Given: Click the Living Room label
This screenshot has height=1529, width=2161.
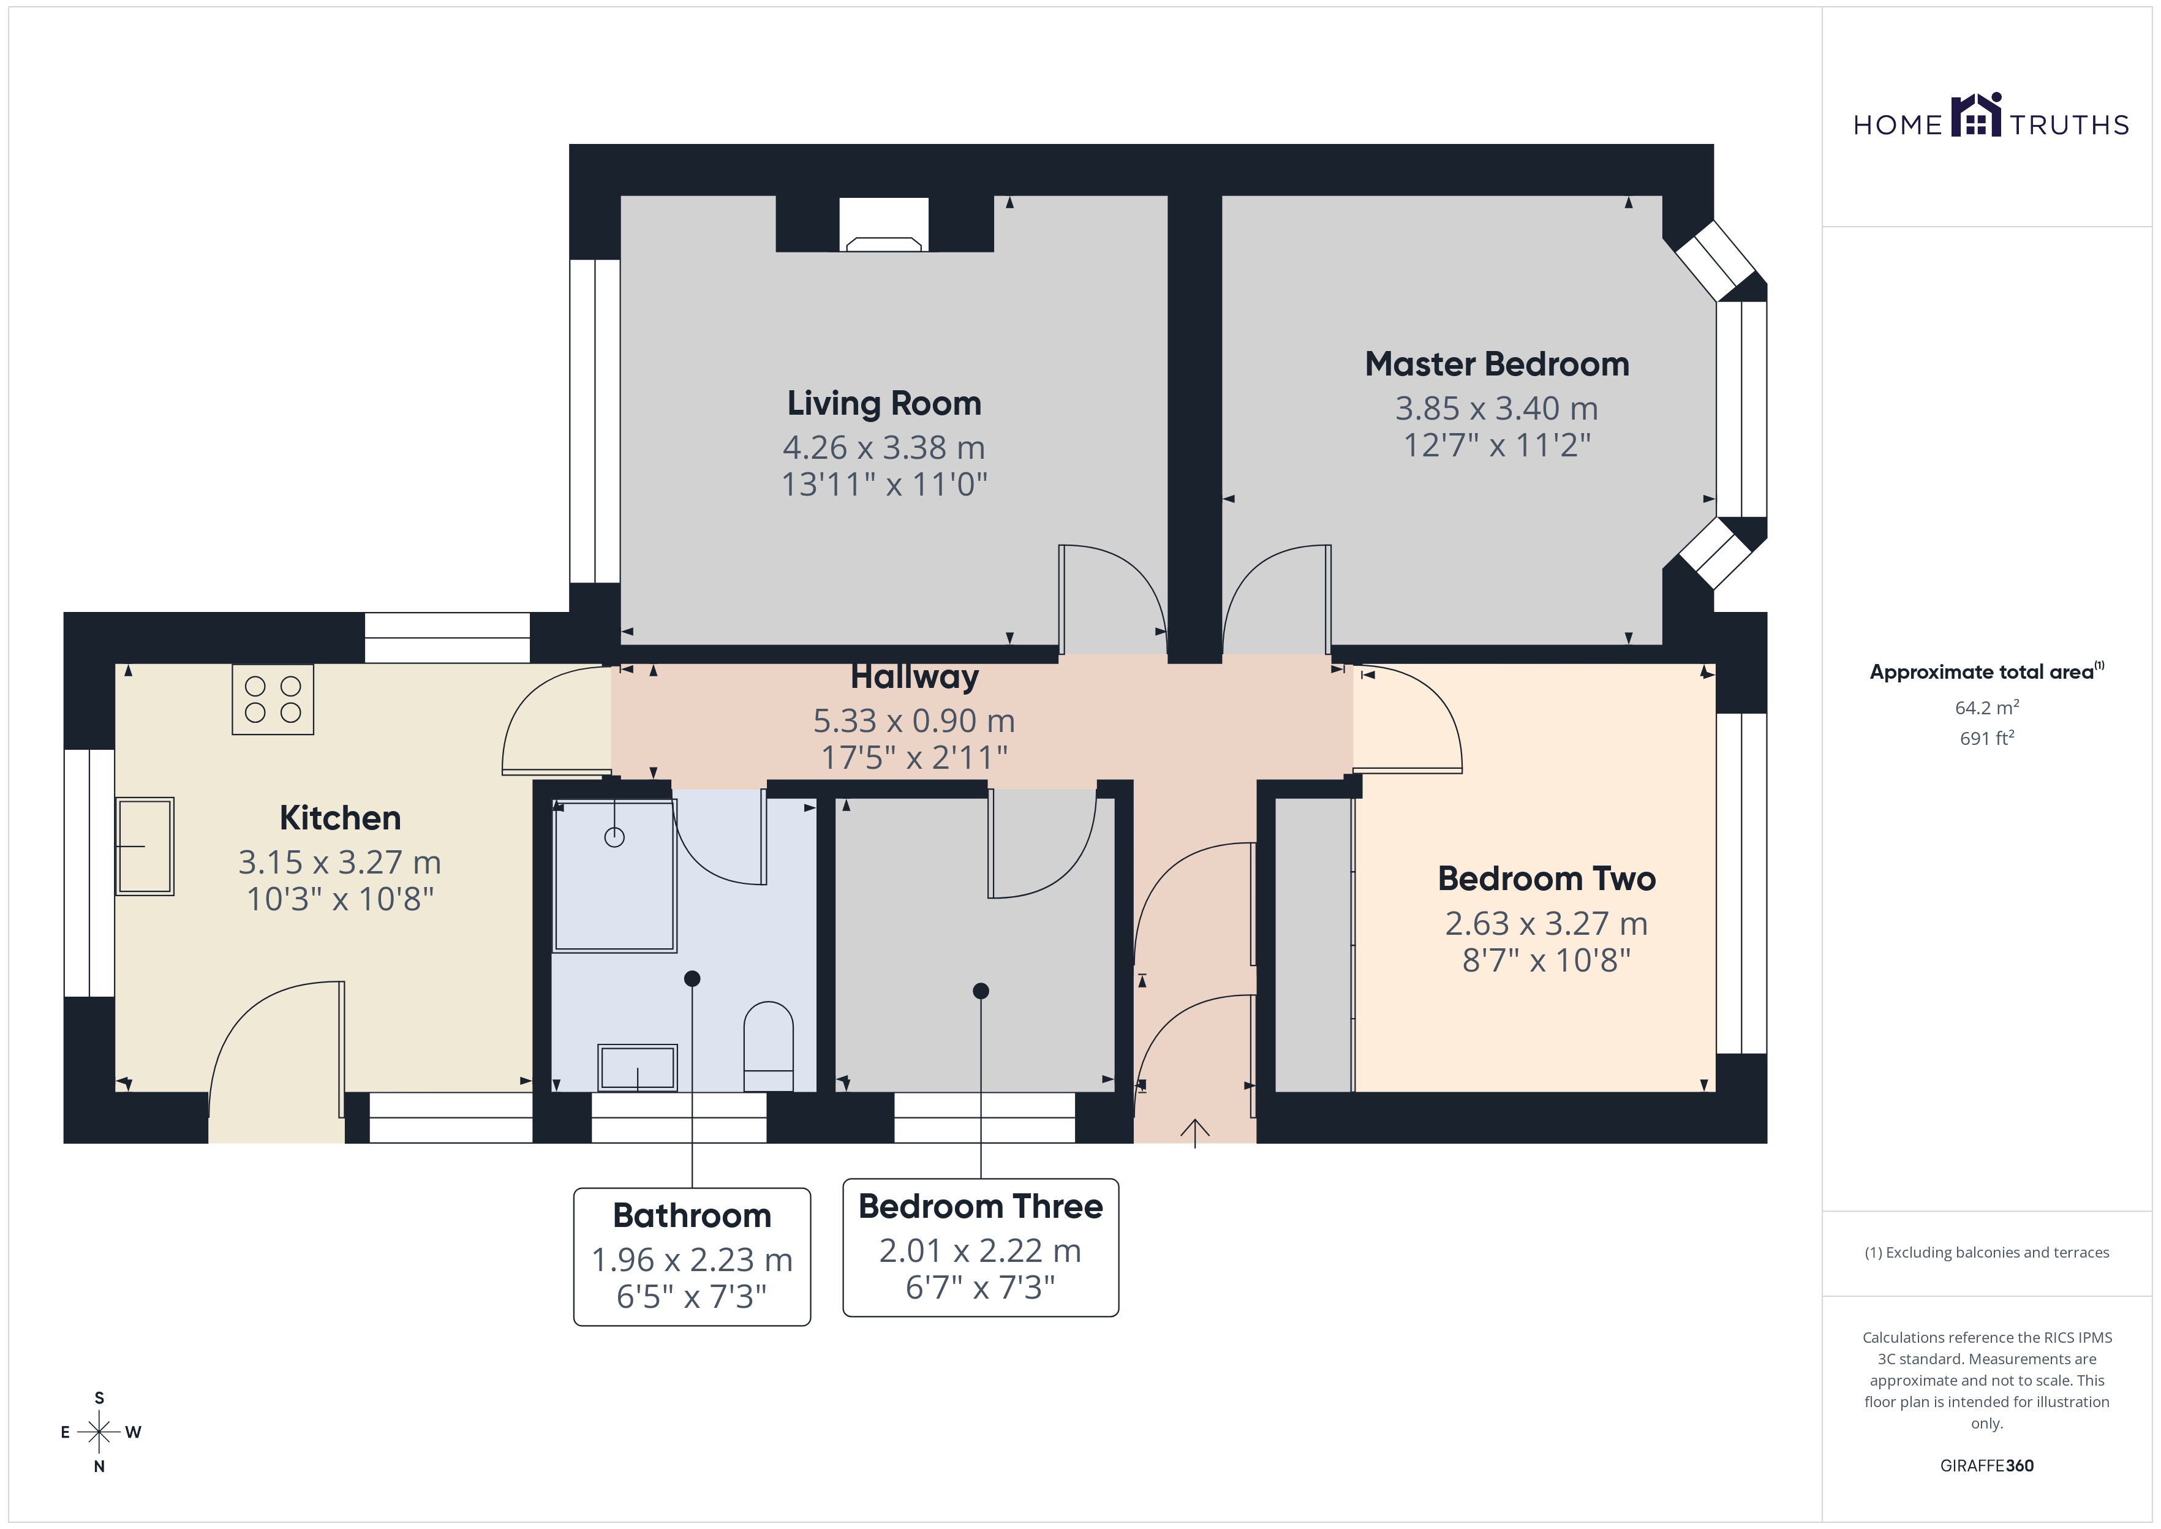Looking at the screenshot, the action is [884, 403].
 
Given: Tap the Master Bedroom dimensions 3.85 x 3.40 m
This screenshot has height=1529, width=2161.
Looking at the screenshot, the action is [1496, 409].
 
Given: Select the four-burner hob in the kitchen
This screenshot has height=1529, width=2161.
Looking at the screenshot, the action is [273, 700].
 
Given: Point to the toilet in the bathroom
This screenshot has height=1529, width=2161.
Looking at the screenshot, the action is [768, 1046].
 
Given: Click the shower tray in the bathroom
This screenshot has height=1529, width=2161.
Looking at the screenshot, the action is [614, 875].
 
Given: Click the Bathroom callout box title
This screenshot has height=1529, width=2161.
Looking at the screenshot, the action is [692, 1215].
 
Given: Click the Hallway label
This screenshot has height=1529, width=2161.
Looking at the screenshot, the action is [915, 677].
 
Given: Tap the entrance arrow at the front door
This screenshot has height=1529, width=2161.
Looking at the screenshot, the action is [1194, 1133].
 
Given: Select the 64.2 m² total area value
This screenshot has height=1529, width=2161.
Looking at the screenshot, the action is [1987, 707].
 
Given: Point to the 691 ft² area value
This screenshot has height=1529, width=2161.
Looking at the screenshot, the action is [1987, 738].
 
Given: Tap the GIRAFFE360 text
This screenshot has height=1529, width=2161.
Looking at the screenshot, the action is [1987, 1466].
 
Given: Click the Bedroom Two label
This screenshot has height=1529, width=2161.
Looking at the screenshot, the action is [1547, 878].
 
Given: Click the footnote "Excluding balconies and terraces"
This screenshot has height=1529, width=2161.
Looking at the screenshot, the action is [1997, 1252].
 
